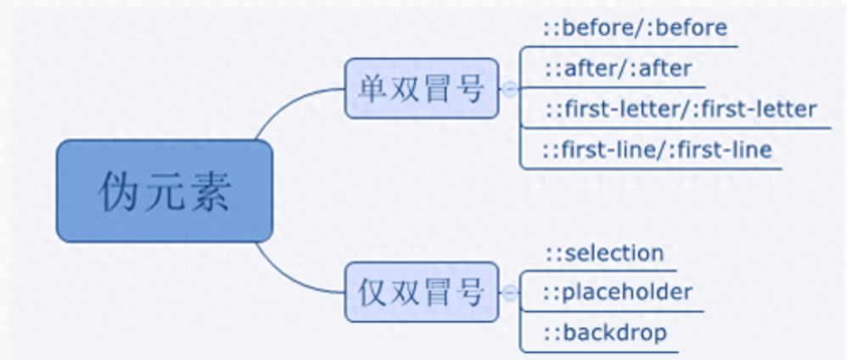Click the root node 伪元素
point(165,191)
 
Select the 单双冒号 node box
point(421,88)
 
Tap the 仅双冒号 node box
point(421,292)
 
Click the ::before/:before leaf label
point(636,28)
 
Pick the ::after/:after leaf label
point(618,69)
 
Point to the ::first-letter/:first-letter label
point(681,110)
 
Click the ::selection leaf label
point(604,253)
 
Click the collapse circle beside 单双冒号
point(508,88)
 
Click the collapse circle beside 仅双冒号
point(508,293)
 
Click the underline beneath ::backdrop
point(611,350)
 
